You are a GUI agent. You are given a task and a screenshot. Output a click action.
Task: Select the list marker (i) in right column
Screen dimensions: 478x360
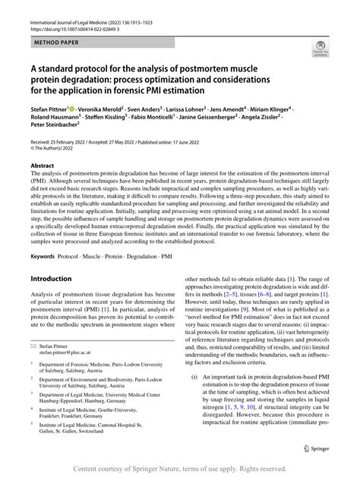click(194, 394)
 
